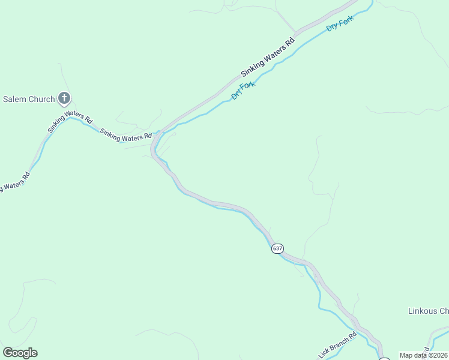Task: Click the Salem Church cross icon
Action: [64, 99]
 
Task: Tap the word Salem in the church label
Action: [15, 99]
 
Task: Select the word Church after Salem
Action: [41, 99]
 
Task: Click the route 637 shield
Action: [277, 248]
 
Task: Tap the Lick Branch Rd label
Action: [339, 343]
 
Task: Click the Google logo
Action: [20, 353]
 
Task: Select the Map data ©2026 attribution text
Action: [424, 355]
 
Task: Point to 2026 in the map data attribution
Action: [439, 355]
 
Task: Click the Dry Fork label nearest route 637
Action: [243, 91]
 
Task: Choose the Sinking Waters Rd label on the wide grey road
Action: [268, 58]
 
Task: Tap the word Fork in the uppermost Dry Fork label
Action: [347, 20]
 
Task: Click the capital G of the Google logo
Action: [8, 352]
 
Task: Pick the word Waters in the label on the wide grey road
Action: [271, 56]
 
